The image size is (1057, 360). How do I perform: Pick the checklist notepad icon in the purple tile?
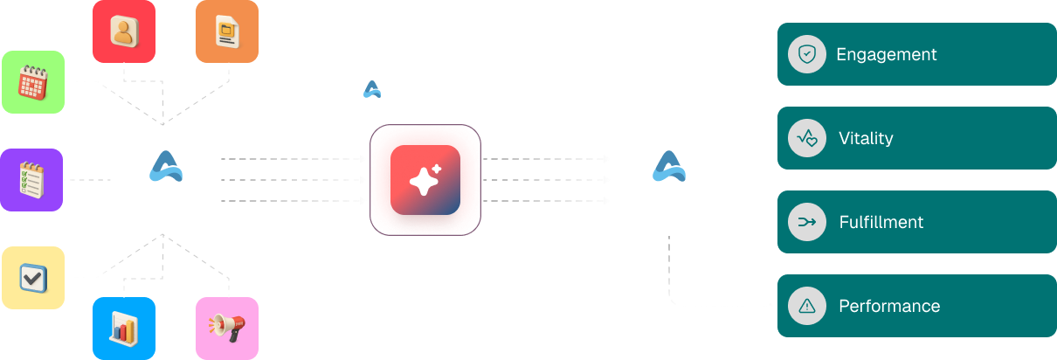coord(32,182)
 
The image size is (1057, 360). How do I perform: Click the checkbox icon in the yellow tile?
coord(32,279)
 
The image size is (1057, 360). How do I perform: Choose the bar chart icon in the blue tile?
coord(122,327)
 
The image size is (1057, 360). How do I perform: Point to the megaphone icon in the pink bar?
coord(224,327)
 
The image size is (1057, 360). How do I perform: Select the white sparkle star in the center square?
coord(421,183)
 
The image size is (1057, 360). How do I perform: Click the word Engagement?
coord(886,54)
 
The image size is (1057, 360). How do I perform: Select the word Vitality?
coord(865,138)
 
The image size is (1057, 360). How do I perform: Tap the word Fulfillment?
coord(881,222)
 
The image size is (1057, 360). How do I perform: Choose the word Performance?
coord(888,306)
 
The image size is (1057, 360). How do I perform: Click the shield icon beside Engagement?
coord(807,54)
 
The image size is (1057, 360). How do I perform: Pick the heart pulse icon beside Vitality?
coord(807,138)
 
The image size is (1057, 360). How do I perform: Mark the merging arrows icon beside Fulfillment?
coord(807,222)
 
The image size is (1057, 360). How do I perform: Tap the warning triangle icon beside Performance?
coord(807,306)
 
